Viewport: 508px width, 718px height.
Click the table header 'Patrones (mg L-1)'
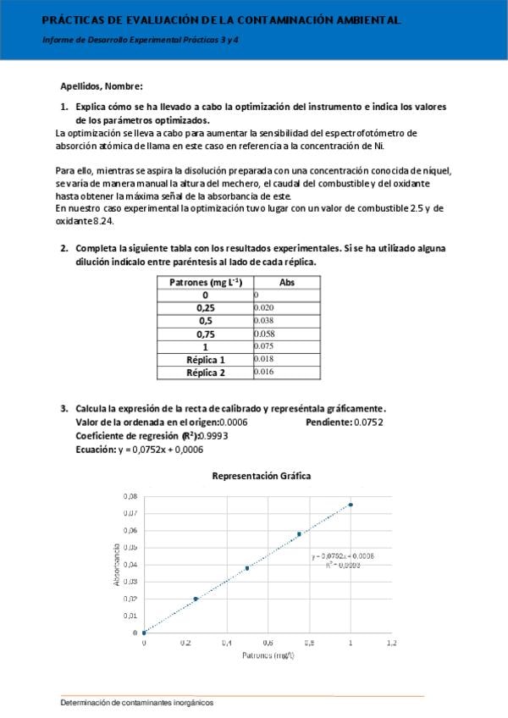(x=205, y=282)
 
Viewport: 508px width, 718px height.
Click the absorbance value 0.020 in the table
(x=264, y=307)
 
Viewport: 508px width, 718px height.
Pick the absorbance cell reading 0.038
(x=264, y=321)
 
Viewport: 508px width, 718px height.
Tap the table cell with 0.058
(x=264, y=334)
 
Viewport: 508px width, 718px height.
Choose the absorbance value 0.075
(x=264, y=346)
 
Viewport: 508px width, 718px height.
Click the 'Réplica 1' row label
(x=205, y=360)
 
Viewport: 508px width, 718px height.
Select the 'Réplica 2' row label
(x=205, y=373)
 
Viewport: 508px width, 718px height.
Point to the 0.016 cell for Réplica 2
(x=264, y=373)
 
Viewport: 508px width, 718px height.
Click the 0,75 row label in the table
(x=205, y=334)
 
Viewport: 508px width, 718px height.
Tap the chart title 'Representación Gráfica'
(x=261, y=476)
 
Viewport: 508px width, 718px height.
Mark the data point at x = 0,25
(x=196, y=599)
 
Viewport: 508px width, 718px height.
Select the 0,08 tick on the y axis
(x=130, y=495)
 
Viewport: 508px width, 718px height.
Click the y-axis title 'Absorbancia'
(x=116, y=564)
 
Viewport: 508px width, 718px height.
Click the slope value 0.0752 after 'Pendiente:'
(x=368, y=422)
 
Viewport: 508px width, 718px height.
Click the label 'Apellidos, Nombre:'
(x=102, y=86)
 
